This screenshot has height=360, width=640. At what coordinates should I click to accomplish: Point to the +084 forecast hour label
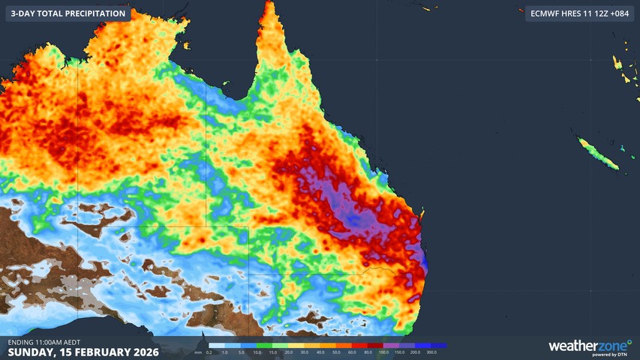tap(618, 13)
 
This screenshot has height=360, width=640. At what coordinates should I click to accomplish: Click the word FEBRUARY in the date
tap(96, 352)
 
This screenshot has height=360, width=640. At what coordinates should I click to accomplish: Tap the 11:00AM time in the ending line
tap(61, 342)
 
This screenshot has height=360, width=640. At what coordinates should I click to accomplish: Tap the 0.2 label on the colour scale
tap(209, 352)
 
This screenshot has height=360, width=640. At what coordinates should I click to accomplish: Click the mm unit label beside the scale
tap(197, 352)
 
